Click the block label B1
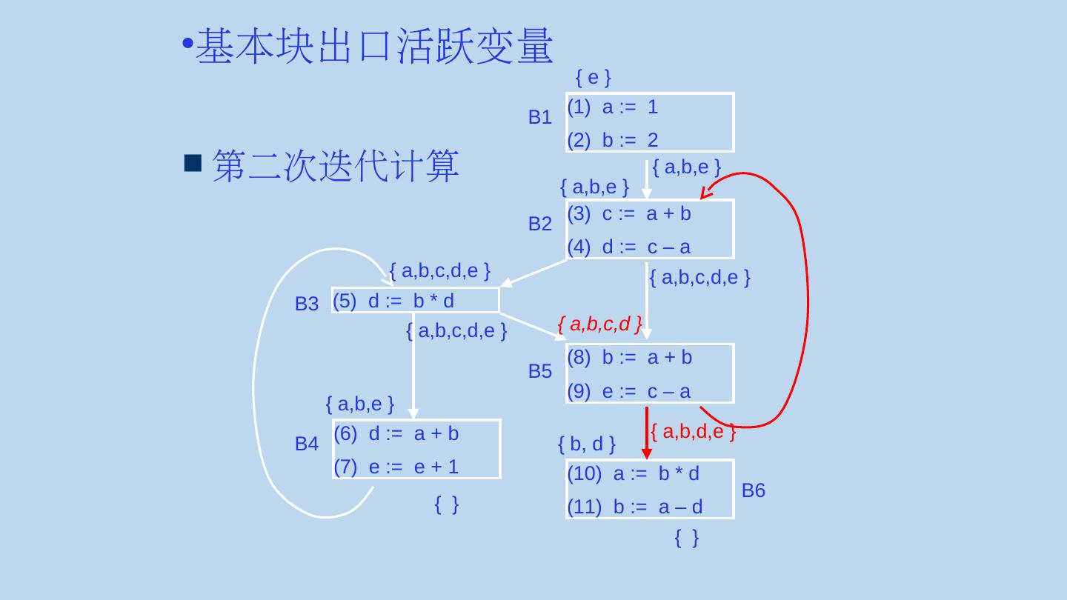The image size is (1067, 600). coord(539,117)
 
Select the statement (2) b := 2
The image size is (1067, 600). coord(612,140)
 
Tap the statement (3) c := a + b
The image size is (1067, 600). coord(628,214)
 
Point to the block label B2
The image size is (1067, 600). coord(539,224)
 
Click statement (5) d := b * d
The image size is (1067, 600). coord(393,300)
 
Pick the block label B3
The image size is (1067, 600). coord(306,304)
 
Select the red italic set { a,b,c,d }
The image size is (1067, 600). coord(599,324)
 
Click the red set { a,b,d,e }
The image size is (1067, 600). coord(692,431)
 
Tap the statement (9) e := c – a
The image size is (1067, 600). coord(628,391)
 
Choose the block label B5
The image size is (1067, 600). coord(539,371)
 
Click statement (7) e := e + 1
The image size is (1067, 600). coord(396,467)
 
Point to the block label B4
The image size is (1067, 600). coord(306,444)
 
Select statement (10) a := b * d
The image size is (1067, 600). coord(633,473)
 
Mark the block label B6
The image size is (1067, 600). coord(753,490)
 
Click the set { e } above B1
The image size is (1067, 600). coord(593,77)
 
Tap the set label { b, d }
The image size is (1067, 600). coord(586,444)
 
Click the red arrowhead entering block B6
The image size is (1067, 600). coord(646,453)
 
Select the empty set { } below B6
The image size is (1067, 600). coord(686,539)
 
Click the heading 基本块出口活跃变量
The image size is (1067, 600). coord(374,46)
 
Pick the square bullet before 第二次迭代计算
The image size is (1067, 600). coord(193,163)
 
